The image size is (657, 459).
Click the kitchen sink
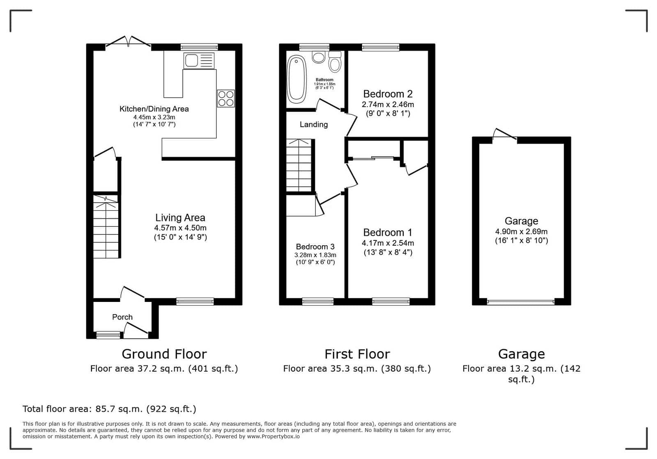click(x=199, y=61)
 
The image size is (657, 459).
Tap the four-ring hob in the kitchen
click(x=226, y=98)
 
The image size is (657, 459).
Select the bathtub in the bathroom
click(x=296, y=80)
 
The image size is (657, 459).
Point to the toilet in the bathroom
click(x=335, y=62)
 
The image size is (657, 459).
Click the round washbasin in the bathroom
click(x=319, y=57)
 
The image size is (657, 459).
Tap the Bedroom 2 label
click(x=388, y=94)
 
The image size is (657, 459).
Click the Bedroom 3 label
click(x=315, y=247)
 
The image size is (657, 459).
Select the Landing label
click(x=314, y=124)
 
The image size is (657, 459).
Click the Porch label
click(x=122, y=317)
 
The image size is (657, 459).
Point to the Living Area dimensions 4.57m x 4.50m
click(x=180, y=228)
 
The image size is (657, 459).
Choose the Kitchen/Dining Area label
click(x=154, y=109)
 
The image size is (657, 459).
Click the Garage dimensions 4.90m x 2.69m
click(x=521, y=231)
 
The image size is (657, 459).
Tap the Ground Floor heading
click(x=164, y=354)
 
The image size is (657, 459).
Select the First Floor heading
click(x=357, y=354)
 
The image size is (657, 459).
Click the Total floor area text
click(x=109, y=409)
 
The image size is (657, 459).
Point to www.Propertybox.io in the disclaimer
click(x=273, y=436)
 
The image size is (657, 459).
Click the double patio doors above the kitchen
click(x=128, y=41)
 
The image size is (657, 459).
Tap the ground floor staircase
click(x=106, y=226)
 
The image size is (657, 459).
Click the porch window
click(x=108, y=335)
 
